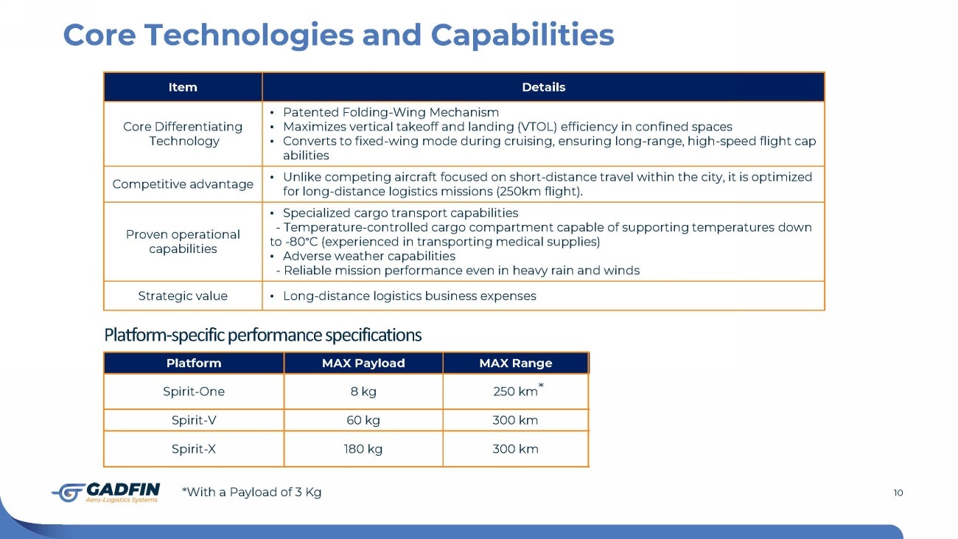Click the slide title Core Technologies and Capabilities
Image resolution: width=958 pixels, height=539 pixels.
(x=338, y=35)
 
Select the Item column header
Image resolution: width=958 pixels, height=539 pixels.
(x=183, y=87)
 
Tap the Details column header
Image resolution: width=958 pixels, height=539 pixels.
(x=544, y=87)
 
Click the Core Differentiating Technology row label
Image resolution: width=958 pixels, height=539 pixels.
(x=183, y=134)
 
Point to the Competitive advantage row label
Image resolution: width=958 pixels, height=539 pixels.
(x=183, y=184)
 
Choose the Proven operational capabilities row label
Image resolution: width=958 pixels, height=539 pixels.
(x=183, y=242)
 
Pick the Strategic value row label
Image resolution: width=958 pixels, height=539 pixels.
(x=183, y=296)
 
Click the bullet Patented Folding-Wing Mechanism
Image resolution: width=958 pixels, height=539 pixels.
(x=391, y=113)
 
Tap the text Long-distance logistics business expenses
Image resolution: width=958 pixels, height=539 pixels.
(x=409, y=296)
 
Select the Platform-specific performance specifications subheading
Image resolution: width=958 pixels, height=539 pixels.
(x=263, y=335)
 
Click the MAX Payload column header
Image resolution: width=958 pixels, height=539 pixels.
(x=363, y=364)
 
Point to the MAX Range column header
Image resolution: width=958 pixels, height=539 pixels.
(x=516, y=364)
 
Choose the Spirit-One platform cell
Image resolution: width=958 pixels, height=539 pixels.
(x=194, y=392)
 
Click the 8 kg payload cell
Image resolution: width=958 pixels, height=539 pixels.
(x=363, y=392)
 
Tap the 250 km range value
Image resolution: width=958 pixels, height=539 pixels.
(x=515, y=392)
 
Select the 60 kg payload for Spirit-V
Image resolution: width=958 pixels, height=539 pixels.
(x=363, y=420)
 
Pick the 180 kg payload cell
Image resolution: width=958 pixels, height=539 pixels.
(x=363, y=449)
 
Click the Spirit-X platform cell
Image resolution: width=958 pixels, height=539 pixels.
(x=194, y=449)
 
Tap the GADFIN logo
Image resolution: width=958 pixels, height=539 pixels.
(x=106, y=493)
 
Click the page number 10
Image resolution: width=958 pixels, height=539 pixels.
(x=898, y=493)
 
